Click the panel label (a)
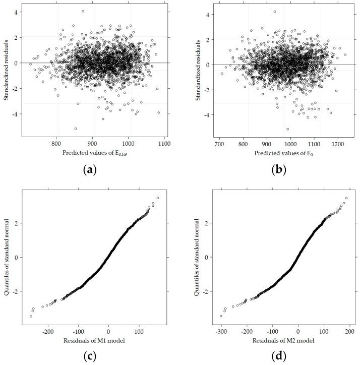coord(90,169)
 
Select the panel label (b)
coord(279,169)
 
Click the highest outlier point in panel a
coord(83,11)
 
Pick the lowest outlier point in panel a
coord(76,129)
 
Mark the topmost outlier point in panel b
coord(274,12)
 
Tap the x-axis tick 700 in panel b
coord(219,144)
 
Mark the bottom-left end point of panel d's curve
coord(221,316)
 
